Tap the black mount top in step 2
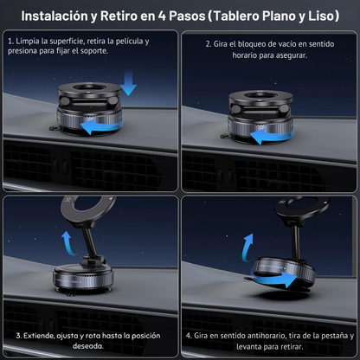coord(267,95)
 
